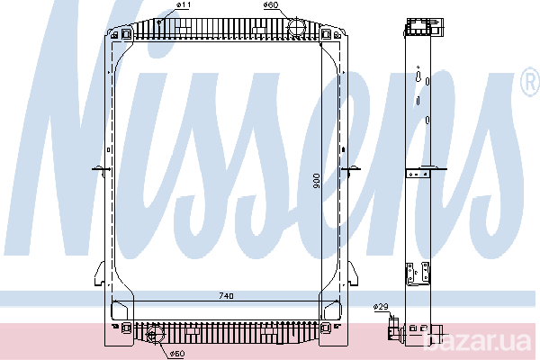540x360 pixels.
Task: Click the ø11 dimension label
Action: [184, 5]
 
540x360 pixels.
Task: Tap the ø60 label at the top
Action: [271, 5]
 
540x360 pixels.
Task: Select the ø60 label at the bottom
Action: [177, 354]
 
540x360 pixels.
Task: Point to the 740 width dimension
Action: [226, 296]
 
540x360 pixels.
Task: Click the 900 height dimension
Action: [317, 181]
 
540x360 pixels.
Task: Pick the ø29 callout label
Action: [381, 307]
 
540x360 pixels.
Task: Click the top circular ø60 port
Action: [296, 26]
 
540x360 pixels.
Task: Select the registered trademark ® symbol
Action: [529, 81]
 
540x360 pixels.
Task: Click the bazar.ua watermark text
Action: [477, 341]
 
